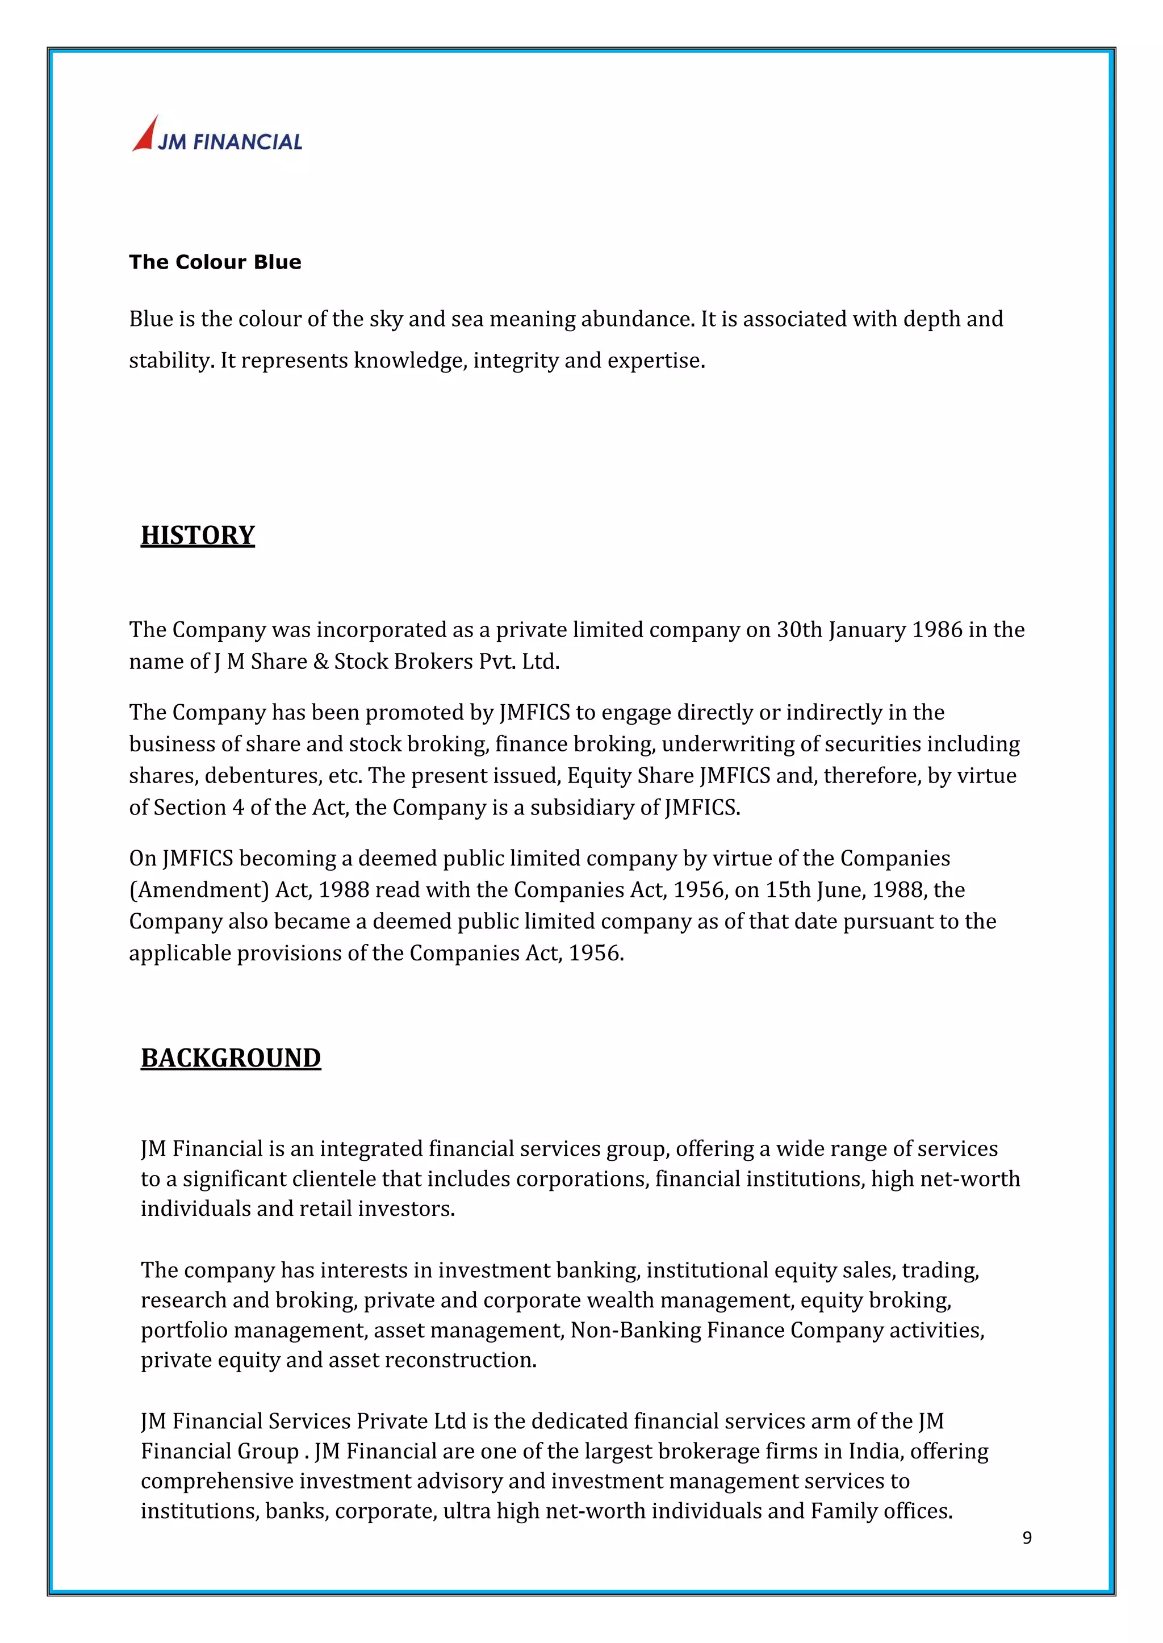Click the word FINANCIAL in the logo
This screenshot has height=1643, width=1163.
point(247,142)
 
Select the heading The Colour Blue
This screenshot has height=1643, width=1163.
point(215,262)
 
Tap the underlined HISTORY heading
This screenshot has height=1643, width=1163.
point(198,536)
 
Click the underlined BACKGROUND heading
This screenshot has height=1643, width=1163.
point(231,1059)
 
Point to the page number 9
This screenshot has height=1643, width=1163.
point(1026,1538)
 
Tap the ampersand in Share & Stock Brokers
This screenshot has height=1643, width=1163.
point(321,661)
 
